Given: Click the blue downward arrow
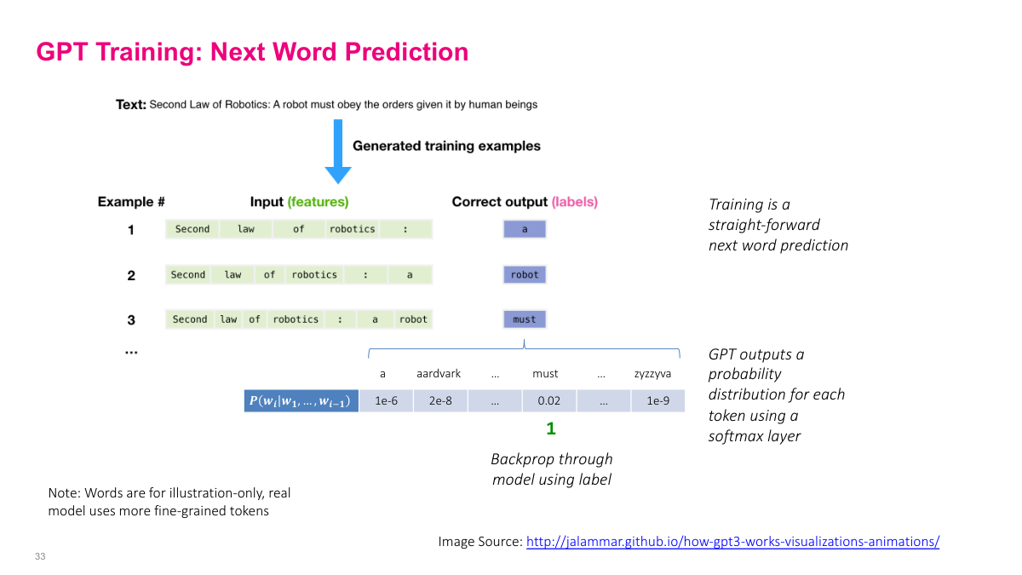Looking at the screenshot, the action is pos(338,152).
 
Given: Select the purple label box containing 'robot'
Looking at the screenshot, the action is pos(525,274).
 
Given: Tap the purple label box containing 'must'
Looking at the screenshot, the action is pos(525,319).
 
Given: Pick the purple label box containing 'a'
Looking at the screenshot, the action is pos(525,229).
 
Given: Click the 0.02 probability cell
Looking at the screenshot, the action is pos(548,400).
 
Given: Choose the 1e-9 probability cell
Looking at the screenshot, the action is pos(657,400).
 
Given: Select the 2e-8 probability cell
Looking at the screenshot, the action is pos(440,400).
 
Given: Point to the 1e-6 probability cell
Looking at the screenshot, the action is pos(386,400).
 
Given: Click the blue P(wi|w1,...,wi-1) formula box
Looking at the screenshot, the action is pos(301,400).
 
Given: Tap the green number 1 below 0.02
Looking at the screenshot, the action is pos(551,428).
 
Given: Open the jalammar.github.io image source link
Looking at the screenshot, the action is pos(732,542).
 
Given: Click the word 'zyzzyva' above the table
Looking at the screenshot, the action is pos(652,374).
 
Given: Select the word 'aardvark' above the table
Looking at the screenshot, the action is pos(439,374).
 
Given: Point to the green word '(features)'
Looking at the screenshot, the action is pos(318,202).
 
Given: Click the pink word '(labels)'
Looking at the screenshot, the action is pos(574,202).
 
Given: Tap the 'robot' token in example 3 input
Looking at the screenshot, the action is pos(413,319).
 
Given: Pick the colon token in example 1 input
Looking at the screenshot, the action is pos(405,229).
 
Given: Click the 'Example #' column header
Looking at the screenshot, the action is pos(131,202).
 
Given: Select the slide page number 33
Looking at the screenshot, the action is pos(40,556).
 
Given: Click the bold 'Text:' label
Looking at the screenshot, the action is pos(131,105).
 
